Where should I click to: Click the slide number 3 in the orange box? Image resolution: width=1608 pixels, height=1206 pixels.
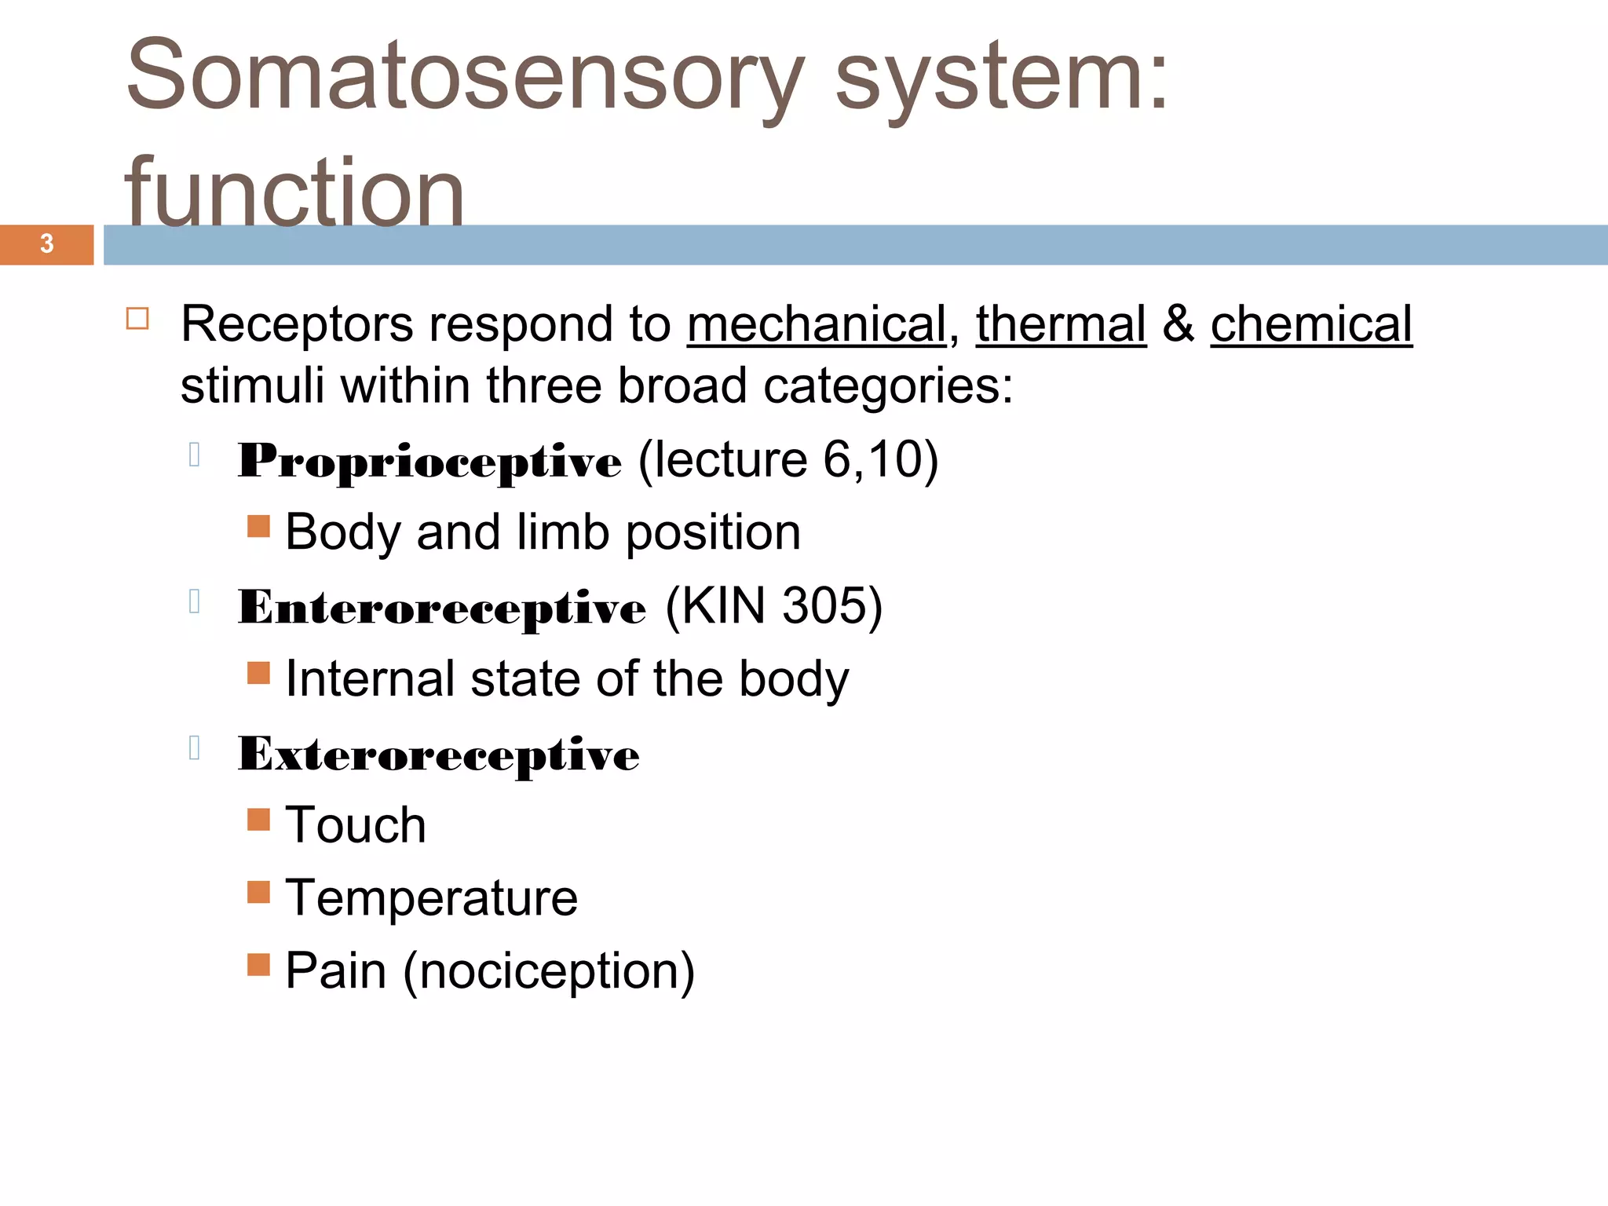[47, 244]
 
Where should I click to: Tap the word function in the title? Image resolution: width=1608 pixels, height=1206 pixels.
[294, 192]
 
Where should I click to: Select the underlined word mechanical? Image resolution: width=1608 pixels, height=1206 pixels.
[817, 324]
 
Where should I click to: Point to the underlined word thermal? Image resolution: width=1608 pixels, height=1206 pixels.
[1061, 324]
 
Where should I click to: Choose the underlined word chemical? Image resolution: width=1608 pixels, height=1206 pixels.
[1311, 324]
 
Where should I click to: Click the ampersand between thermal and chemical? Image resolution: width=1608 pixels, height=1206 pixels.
[1178, 324]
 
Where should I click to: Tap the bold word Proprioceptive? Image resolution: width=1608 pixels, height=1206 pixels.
[429, 461]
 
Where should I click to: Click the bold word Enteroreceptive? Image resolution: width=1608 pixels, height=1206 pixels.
[442, 608]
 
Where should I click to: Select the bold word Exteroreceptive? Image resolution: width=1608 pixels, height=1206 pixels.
[438, 755]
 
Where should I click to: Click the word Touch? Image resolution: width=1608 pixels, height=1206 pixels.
[356, 825]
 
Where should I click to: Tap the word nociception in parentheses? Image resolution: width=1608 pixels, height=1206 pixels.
[548, 971]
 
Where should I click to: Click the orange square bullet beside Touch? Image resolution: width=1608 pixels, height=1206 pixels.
[258, 820]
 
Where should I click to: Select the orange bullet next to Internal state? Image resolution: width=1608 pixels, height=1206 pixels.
[258, 673]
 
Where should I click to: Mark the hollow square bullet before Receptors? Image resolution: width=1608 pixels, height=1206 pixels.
[137, 319]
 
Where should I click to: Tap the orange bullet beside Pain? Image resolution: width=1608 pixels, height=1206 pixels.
[258, 964]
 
